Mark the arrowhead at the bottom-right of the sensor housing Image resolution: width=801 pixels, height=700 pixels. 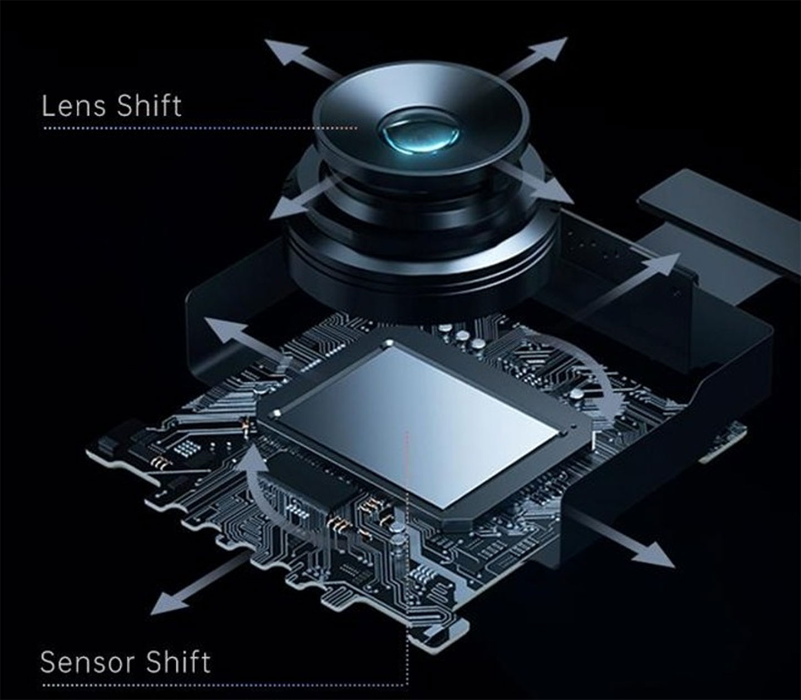tap(654, 554)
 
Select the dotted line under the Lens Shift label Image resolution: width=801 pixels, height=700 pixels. tap(200, 128)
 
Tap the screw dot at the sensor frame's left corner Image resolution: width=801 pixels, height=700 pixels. tap(278, 413)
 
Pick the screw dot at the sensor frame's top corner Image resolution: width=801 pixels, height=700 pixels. tap(389, 343)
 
